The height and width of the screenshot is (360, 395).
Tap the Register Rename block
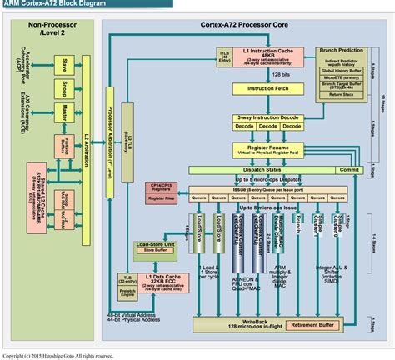pos(265,148)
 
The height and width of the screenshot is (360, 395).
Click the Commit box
pos(349,168)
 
